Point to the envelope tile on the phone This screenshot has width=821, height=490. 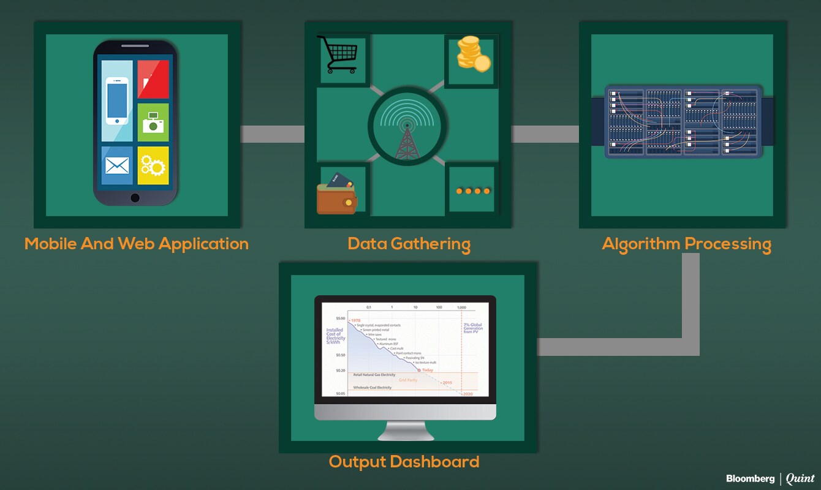coord(117,165)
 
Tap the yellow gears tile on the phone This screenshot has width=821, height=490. coord(153,165)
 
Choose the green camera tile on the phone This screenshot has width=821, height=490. coord(153,122)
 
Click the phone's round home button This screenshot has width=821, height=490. coord(135,198)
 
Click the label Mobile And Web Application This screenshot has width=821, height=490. coord(136,244)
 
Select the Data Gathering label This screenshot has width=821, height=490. coord(409,244)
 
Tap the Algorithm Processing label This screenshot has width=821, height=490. coord(686,244)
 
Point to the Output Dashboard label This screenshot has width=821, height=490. coord(404,461)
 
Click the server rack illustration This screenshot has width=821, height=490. coord(683,121)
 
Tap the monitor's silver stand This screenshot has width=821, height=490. coord(405,430)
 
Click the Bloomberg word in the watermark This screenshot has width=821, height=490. coord(750,478)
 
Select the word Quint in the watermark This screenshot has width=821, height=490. coord(800,478)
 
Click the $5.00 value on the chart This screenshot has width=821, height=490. coord(339,318)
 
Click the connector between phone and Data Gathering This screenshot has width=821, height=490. coord(272,134)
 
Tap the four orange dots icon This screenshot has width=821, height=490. coord(473,191)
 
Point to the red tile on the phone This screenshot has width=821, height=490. coord(153,79)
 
